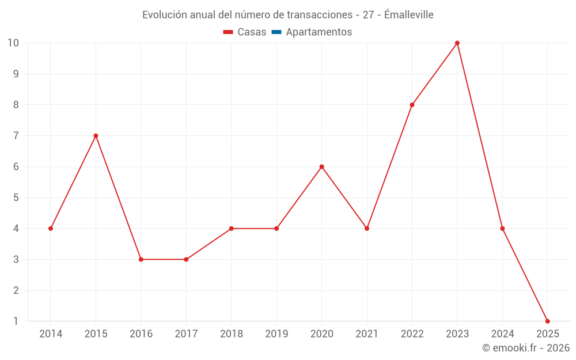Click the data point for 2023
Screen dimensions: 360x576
(457, 43)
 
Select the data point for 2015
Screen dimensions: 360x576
(96, 136)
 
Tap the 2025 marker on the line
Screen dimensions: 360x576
(548, 321)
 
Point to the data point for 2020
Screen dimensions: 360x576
(321, 167)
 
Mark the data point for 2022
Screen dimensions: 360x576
(412, 105)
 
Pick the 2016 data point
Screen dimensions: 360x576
(141, 259)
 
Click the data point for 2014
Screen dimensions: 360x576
(51, 229)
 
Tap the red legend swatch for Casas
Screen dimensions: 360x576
(228, 32)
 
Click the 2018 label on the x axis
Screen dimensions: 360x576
(231, 334)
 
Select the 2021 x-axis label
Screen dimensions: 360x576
(367, 334)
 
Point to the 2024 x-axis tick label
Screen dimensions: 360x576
(502, 334)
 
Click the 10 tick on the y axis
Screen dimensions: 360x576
(13, 43)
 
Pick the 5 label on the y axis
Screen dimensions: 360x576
(16, 198)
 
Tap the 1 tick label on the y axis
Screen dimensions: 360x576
(16, 321)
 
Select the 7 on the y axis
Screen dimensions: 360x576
(16, 136)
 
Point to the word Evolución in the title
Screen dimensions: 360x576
(164, 15)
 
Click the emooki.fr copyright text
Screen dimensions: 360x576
(526, 348)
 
